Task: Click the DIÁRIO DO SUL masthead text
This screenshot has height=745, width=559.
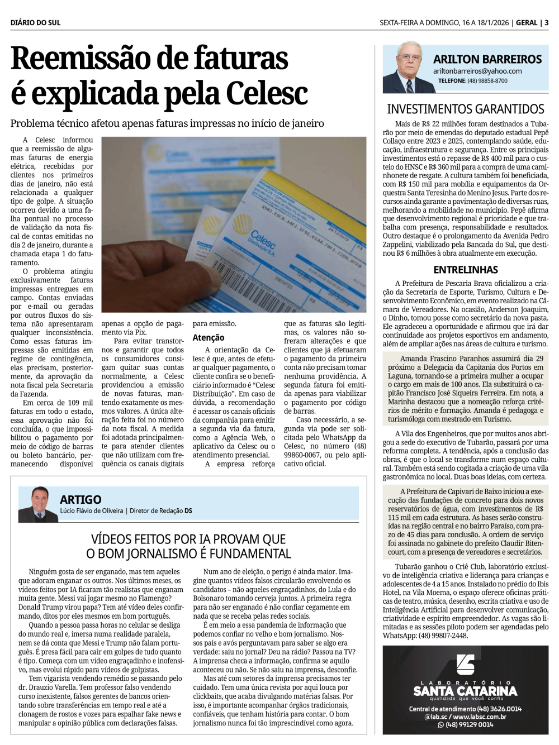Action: pyautogui.click(x=35, y=23)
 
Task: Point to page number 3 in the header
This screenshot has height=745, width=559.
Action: pyautogui.click(x=546, y=23)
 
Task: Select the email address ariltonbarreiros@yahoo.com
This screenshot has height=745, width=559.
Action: pyautogui.click(x=477, y=71)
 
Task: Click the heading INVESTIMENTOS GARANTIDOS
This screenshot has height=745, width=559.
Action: pyautogui.click(x=465, y=109)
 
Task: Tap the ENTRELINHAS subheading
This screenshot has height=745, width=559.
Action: pyautogui.click(x=465, y=270)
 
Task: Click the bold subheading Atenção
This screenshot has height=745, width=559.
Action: pyautogui.click(x=209, y=338)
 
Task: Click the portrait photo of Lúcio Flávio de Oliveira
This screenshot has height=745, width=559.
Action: pyautogui.click(x=37, y=504)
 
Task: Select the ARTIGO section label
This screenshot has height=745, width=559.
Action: pyautogui.click(x=80, y=500)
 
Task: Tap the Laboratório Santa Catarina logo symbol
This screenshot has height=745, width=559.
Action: pyautogui.click(x=465, y=665)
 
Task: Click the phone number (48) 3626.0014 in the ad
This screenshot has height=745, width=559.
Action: pyautogui.click(x=496, y=709)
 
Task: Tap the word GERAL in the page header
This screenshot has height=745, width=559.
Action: pyautogui.click(x=527, y=23)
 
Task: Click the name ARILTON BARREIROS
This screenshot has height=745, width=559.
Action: pyautogui.click(x=487, y=59)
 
